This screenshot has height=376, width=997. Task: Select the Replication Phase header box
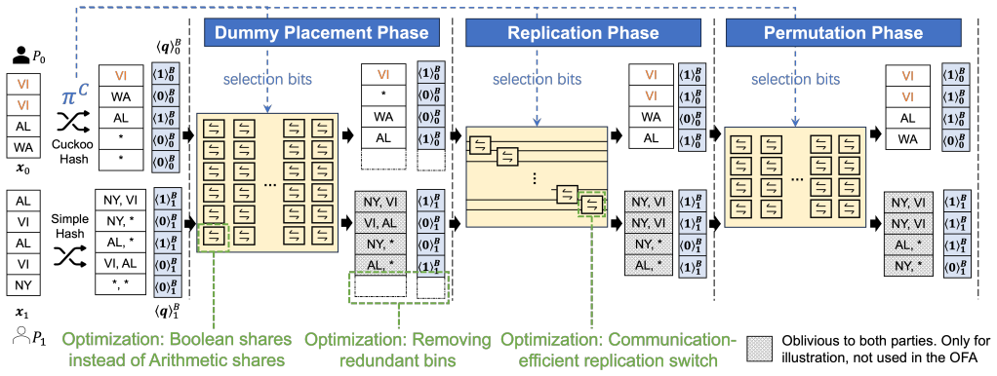[583, 32]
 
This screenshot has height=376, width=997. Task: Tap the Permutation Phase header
[843, 32]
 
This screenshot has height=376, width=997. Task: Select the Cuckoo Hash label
[74, 149]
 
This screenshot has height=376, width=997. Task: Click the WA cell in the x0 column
[22, 148]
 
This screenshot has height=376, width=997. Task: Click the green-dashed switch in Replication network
[592, 204]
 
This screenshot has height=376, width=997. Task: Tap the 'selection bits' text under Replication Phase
[536, 80]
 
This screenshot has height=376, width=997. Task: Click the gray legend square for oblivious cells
[762, 348]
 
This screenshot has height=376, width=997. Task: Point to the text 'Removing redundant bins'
[398, 350]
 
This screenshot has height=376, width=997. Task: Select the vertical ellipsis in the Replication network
[535, 178]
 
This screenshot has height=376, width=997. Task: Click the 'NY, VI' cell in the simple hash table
[121, 200]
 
